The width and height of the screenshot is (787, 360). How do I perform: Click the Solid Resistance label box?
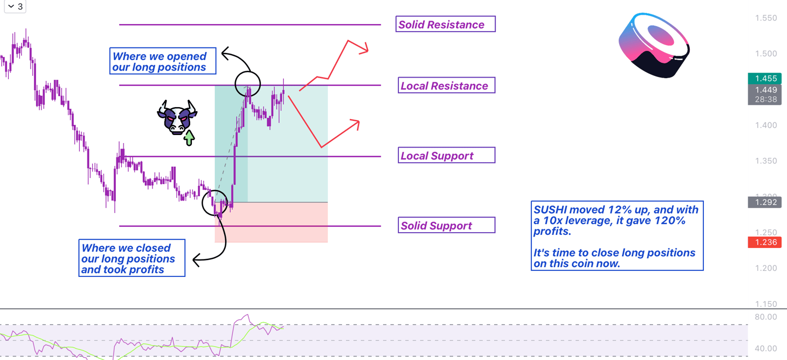(445, 24)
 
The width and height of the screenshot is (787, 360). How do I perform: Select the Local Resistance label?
(445, 85)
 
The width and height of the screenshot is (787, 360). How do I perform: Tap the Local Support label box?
(445, 156)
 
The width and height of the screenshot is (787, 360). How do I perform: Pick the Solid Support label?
(445, 225)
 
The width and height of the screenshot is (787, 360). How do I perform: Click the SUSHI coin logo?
(654, 45)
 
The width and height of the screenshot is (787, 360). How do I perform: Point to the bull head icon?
(177, 117)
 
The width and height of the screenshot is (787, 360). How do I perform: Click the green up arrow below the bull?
(189, 138)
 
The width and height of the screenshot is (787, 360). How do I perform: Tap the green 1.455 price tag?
(765, 79)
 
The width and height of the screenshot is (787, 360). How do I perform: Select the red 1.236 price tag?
(765, 242)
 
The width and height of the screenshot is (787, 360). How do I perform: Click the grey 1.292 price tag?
(765, 202)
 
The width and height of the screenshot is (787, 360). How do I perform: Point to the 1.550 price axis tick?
(765, 18)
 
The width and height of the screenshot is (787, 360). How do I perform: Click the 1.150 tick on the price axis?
(765, 304)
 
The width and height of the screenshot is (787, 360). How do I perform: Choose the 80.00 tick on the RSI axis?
(765, 317)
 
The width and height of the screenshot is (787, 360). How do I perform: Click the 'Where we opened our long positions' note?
(162, 62)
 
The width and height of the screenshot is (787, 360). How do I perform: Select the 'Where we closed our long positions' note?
(131, 258)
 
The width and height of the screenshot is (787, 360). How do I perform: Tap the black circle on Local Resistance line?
(248, 84)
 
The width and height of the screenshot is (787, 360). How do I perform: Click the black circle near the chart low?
(214, 203)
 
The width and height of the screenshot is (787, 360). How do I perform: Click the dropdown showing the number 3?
(15, 7)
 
